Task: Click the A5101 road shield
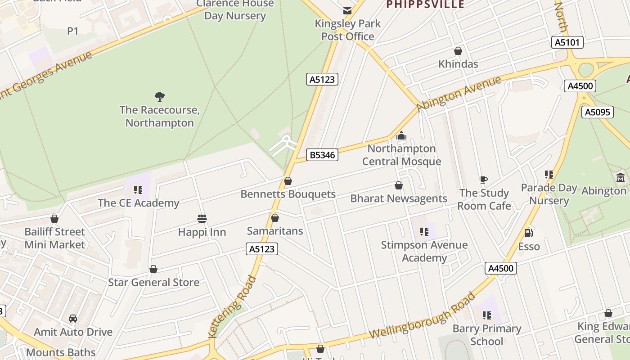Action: (567, 43)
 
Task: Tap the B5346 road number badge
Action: (322, 155)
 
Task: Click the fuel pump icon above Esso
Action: (528, 233)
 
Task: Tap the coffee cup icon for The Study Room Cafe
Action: (484, 180)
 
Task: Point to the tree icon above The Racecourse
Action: (159, 96)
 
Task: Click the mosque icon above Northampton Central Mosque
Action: (401, 135)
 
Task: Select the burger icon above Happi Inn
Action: (202, 219)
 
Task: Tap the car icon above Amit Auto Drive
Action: (73, 319)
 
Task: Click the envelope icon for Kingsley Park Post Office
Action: (347, 10)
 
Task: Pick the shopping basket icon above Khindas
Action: (458, 51)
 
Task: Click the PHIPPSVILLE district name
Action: (425, 5)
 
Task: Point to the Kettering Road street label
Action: (233, 307)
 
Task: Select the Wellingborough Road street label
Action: (422, 316)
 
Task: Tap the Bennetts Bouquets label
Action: (288, 194)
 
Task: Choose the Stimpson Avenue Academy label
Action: (424, 252)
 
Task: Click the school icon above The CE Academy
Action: (138, 190)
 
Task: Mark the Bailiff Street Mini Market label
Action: (54, 238)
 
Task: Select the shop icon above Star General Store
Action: (153, 269)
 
